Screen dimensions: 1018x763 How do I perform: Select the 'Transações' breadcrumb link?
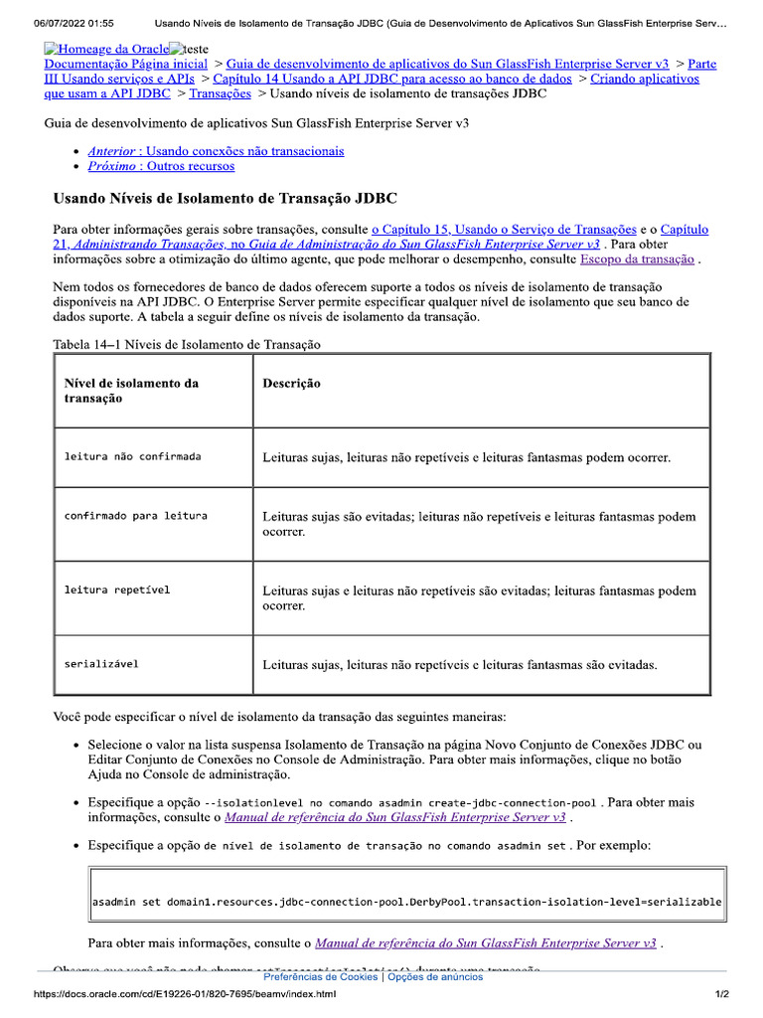[220, 93]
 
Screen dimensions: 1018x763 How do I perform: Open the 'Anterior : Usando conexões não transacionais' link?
[216, 151]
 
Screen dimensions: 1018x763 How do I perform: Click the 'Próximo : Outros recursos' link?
[161, 166]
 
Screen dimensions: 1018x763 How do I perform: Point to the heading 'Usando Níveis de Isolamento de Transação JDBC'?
[225, 199]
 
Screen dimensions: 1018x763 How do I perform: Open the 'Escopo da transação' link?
[637, 259]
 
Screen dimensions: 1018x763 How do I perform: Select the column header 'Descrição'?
[291, 384]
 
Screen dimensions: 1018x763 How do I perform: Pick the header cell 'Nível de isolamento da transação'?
[131, 391]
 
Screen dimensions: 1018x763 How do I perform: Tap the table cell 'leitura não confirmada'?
[132, 457]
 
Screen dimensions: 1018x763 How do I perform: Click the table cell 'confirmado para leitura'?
[135, 517]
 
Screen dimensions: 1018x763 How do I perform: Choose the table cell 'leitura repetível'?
[117, 591]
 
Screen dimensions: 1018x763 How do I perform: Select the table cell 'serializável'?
[101, 664]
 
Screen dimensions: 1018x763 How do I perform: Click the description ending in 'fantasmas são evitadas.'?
[459, 664]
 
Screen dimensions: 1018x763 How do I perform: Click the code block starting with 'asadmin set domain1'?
[406, 903]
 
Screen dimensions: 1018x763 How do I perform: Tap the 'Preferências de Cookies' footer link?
[321, 977]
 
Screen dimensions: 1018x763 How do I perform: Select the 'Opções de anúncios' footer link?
[435, 977]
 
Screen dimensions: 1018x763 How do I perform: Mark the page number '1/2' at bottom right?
[722, 995]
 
